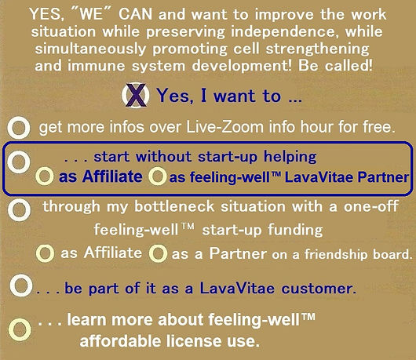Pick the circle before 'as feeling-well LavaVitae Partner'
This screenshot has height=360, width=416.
coord(158,176)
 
